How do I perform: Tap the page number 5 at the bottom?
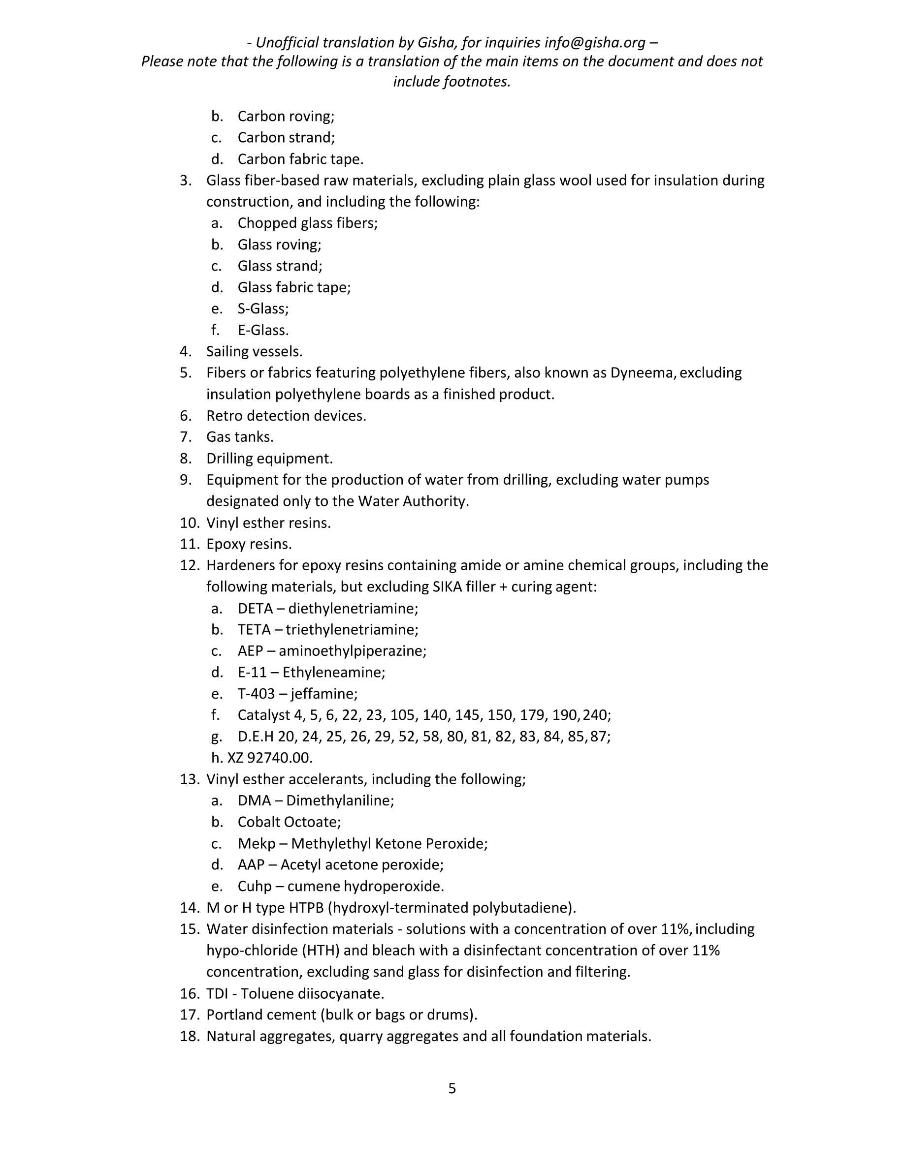(452, 1088)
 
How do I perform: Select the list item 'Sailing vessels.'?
(255, 352)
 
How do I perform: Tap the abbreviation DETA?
(255, 609)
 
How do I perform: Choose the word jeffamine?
(324, 694)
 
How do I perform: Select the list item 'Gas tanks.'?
(240, 437)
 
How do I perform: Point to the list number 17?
(189, 1015)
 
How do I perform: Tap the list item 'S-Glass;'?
(263, 309)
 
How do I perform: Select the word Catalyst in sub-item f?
(263, 715)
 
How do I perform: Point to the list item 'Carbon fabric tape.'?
(300, 159)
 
